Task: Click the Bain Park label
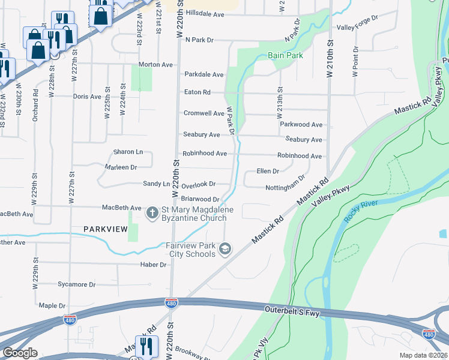285,55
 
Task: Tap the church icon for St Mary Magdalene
152,213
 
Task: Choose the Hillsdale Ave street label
204,13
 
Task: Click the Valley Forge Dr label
357,28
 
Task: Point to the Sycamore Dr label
76,284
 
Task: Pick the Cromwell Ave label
203,113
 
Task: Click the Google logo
20,353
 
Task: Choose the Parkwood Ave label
301,125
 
